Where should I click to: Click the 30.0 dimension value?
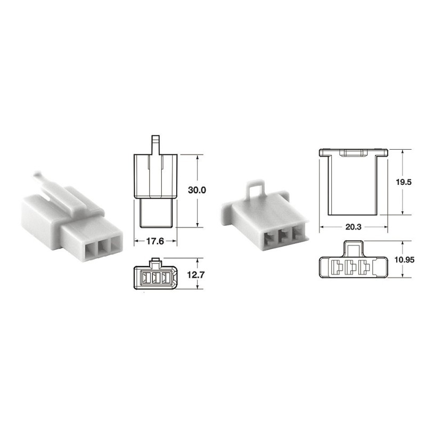click(x=197, y=190)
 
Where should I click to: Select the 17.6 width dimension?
click(x=155, y=241)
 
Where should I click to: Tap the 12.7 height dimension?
click(x=195, y=275)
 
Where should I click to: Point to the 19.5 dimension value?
click(x=404, y=182)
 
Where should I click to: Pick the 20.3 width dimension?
click(x=353, y=227)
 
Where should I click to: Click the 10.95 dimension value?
click(x=405, y=260)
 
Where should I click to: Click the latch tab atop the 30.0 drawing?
click(x=155, y=145)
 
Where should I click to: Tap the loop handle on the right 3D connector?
click(x=255, y=190)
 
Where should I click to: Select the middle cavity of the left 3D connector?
click(x=103, y=249)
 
